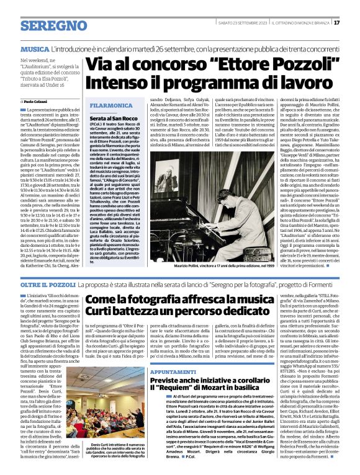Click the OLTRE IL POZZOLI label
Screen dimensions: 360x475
[x=48, y=283]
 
